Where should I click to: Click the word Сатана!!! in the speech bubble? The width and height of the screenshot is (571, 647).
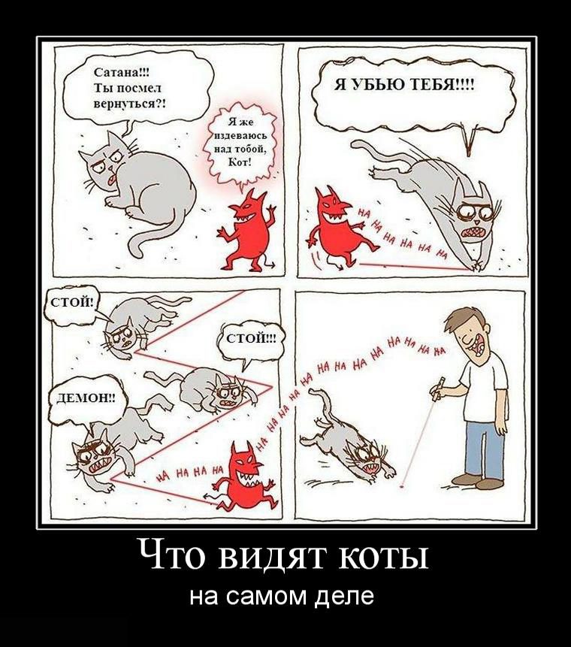[122, 73]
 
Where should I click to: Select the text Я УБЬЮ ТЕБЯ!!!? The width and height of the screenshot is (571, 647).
[404, 86]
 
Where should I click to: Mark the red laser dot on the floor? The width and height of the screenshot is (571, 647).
[401, 487]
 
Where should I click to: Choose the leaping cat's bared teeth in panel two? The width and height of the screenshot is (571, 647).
[472, 233]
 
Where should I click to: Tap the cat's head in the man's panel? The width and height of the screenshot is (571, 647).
[368, 455]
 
